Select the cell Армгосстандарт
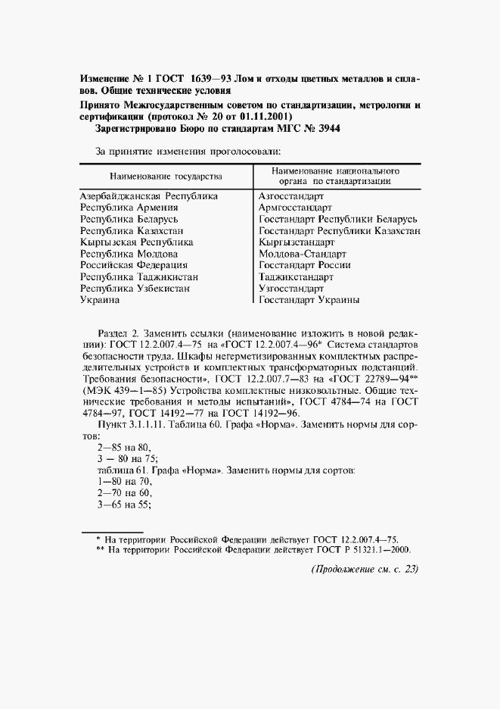click(296, 207)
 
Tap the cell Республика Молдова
click(129, 254)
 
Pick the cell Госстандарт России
click(304, 265)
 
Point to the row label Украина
click(99, 300)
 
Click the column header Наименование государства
click(166, 176)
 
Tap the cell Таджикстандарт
click(297, 277)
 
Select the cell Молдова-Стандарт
click(303, 254)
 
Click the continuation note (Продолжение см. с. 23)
click(365, 570)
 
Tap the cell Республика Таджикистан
click(135, 277)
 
